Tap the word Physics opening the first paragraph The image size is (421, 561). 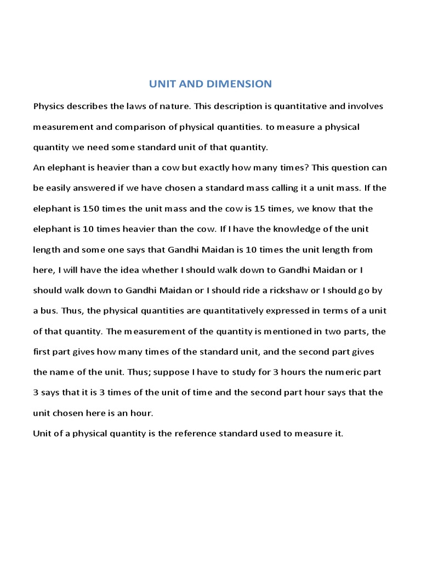(49, 106)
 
